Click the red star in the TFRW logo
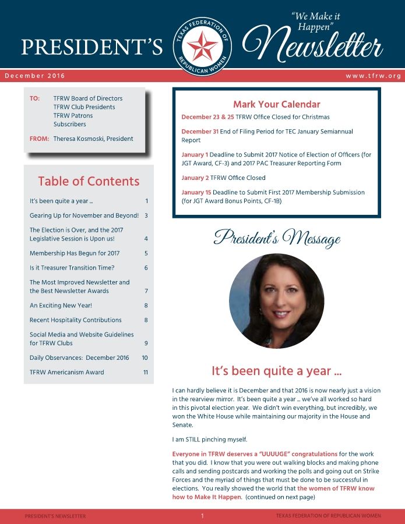202,46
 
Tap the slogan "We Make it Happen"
315,22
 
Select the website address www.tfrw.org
373,76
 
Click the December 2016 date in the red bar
35,76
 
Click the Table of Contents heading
89,181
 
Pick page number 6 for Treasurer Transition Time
146,268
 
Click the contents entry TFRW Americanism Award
66,372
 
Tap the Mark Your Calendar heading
276,104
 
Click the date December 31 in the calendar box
200,132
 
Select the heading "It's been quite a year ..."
276,370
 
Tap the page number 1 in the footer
202,516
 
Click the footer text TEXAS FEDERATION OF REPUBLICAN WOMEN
328,516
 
